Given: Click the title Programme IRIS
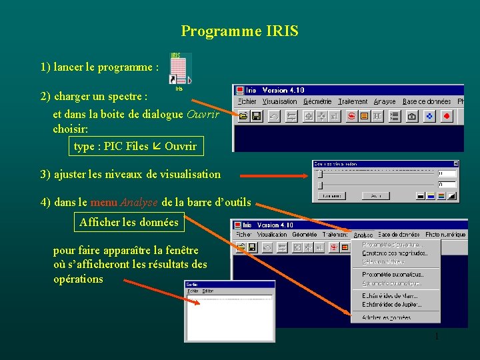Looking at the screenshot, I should tap(239, 31).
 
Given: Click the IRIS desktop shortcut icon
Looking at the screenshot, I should tap(180, 68).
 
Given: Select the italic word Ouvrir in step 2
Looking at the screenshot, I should tap(203, 114).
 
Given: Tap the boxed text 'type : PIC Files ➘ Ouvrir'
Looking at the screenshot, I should tap(135, 146).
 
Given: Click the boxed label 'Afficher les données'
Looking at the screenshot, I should tap(129, 222).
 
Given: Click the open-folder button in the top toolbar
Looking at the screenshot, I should tap(243, 116).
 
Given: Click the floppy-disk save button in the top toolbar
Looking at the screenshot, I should tap(256, 116).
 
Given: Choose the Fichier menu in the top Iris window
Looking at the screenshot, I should tap(247, 101).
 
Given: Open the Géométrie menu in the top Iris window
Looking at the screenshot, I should tap(317, 101).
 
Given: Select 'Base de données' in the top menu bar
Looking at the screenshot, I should tap(427, 101).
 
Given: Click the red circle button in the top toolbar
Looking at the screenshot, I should tap(447, 116).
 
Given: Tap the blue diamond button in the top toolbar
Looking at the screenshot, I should tap(429, 116).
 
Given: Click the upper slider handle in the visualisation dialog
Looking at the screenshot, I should tap(320, 173).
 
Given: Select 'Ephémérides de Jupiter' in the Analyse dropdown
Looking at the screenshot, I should tap(392, 304).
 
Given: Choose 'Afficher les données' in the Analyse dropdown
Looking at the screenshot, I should tap(386, 318).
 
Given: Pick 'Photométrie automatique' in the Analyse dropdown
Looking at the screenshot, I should tap(393, 274).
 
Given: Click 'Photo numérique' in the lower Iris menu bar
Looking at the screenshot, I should tap(446, 234).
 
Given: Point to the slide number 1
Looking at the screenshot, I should tap(436, 337).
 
